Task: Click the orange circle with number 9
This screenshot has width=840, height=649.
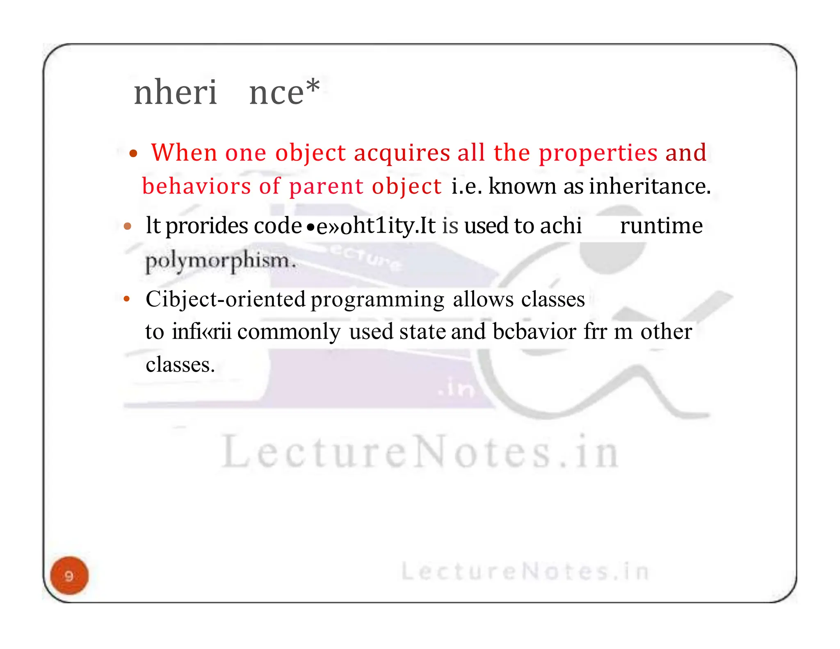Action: (x=69, y=575)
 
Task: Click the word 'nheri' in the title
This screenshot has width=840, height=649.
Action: (x=175, y=93)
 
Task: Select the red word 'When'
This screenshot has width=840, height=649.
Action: (x=184, y=152)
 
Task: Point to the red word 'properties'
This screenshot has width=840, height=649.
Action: (x=598, y=153)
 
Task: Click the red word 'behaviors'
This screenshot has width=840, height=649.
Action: (x=196, y=186)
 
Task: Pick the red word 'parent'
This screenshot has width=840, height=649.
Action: (x=326, y=186)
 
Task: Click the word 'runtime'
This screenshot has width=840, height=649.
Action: (x=661, y=225)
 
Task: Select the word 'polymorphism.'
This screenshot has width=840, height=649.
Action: (x=221, y=261)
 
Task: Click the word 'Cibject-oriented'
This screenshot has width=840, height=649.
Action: (x=225, y=299)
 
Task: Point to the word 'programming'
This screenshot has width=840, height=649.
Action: (x=377, y=300)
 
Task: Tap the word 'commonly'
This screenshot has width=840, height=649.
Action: (x=289, y=331)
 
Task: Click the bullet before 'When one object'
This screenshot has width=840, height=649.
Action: (x=132, y=154)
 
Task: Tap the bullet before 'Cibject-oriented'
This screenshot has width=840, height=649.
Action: (x=127, y=299)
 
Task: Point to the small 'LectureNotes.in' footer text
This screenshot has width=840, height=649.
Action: (x=525, y=571)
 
